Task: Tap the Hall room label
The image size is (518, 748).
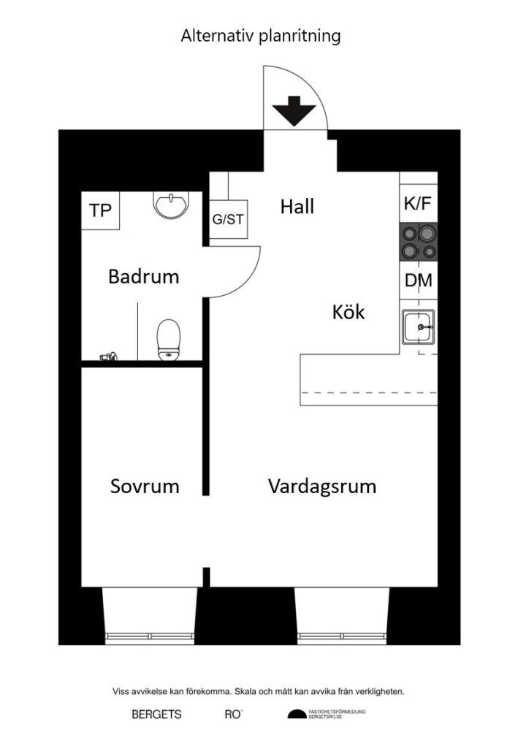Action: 297,207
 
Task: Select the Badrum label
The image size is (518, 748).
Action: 143,277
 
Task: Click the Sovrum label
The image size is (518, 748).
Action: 145,486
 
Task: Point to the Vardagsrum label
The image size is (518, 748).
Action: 321,486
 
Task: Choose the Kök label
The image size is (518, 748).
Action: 348,313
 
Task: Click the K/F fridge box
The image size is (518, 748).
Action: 417,205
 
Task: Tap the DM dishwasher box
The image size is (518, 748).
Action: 418,280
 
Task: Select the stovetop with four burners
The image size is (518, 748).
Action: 418,242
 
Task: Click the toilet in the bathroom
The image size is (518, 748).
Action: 168,340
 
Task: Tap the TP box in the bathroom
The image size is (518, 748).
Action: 100,210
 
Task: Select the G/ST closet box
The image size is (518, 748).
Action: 228,218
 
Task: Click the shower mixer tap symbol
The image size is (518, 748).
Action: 108,356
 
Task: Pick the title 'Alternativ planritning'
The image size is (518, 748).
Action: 261,36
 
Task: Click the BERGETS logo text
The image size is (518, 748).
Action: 156,715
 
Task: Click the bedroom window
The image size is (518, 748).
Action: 150,636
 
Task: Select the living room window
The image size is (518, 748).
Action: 341,636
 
